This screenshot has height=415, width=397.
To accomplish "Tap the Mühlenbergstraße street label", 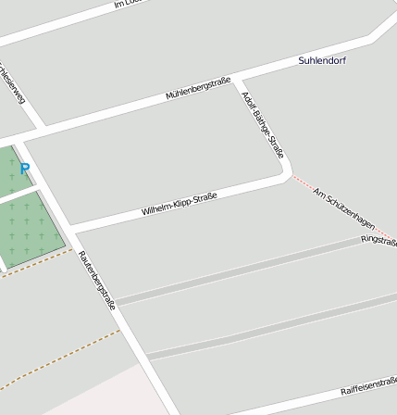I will pos(197,89).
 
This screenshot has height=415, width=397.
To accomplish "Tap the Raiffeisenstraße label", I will pos(368,385).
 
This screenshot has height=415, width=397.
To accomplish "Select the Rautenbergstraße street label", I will pos(96,280).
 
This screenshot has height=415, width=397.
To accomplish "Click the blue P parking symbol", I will pos(25,170).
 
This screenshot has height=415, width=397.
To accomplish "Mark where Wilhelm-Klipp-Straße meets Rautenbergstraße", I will pos(70,227).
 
